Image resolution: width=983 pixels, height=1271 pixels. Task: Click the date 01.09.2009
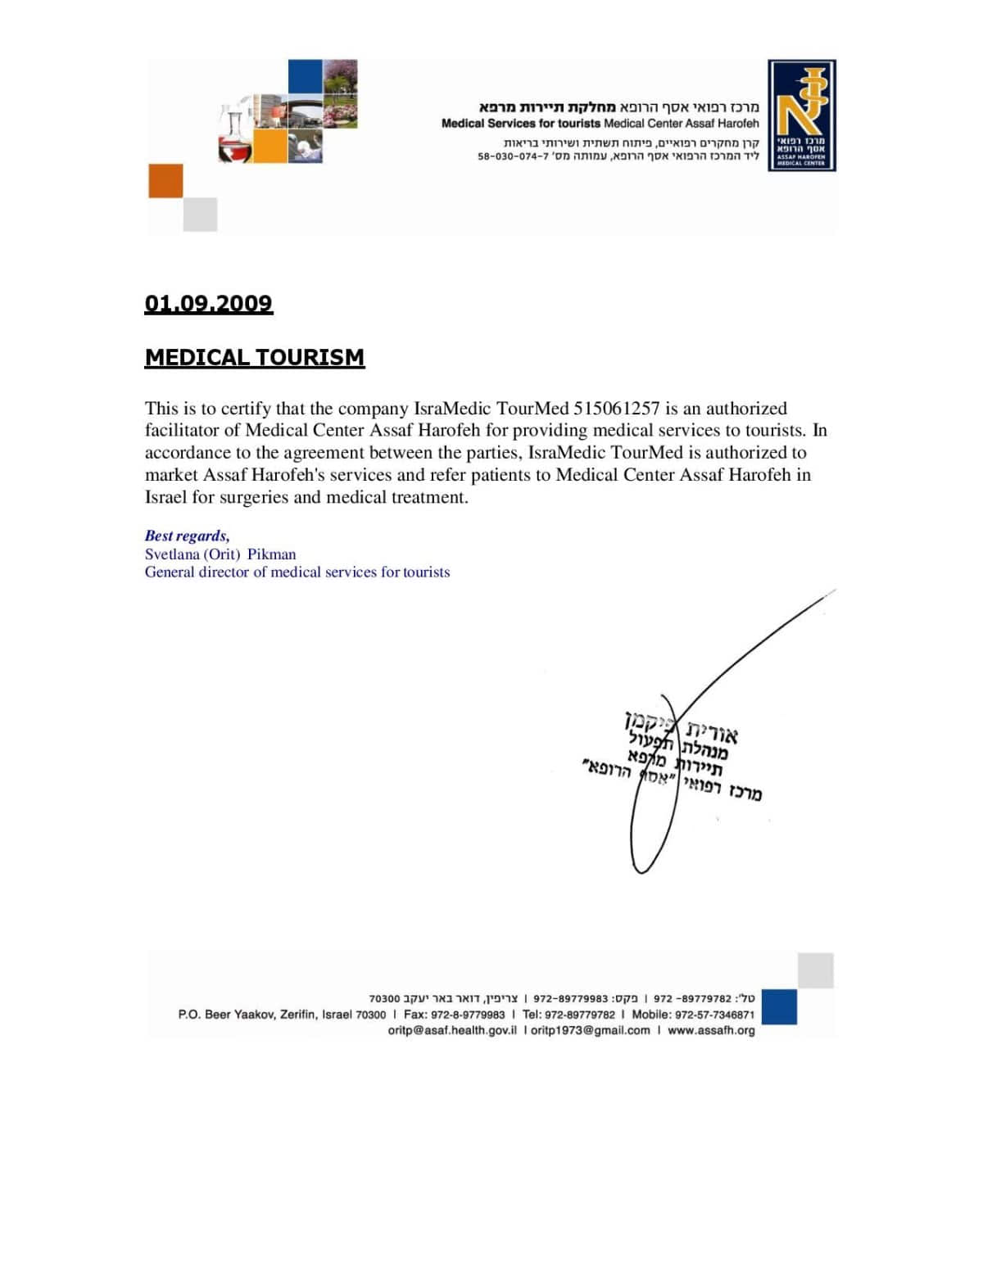coord(208,304)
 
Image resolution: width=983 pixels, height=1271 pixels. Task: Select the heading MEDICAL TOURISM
coord(254,358)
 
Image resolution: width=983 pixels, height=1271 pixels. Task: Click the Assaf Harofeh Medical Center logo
coord(801,115)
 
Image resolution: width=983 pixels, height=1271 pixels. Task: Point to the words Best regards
coord(187,536)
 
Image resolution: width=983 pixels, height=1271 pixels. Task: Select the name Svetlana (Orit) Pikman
coord(220,554)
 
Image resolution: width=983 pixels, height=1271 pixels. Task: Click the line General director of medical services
coord(297,572)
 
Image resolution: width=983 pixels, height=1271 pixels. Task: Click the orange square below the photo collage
coord(165,181)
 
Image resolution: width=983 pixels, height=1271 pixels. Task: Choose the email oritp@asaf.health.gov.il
coord(452,1030)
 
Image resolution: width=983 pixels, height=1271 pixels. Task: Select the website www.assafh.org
coord(711,1030)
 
